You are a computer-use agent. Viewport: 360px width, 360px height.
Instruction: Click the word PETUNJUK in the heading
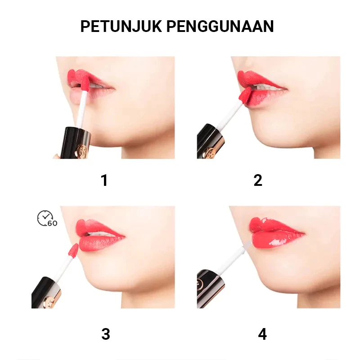pyautogui.click(x=121, y=27)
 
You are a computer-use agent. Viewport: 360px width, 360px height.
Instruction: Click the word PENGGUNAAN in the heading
pyautogui.click(x=220, y=27)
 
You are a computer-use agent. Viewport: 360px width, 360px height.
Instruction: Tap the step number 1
pyautogui.click(x=104, y=180)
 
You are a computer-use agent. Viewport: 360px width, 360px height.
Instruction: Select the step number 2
pyautogui.click(x=258, y=180)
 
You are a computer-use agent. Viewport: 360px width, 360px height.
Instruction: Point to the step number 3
pyautogui.click(x=106, y=334)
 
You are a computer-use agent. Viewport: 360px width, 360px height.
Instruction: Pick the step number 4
pyautogui.click(x=262, y=334)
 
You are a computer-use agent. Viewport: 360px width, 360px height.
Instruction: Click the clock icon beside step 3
pyautogui.click(x=45, y=218)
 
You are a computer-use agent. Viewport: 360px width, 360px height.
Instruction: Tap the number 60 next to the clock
pyautogui.click(x=53, y=223)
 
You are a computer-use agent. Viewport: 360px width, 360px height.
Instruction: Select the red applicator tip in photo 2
pyautogui.click(x=245, y=96)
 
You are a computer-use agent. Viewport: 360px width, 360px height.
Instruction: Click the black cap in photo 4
pyautogui.click(x=209, y=289)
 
